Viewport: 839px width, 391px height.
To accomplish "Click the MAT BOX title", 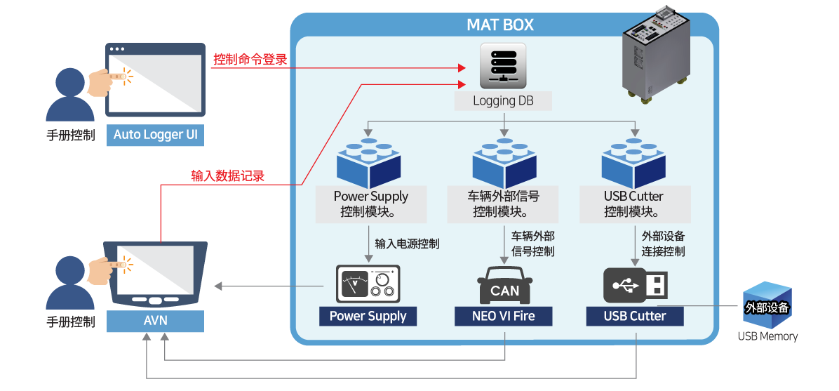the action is point(499,25).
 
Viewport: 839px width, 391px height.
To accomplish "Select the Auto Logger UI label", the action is point(156,135).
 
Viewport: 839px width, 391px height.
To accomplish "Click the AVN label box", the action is point(155,322).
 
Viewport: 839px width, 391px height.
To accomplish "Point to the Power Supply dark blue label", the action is point(368,316).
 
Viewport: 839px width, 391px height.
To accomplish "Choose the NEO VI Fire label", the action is point(504,316).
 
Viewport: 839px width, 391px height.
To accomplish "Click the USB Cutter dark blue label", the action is point(635,316).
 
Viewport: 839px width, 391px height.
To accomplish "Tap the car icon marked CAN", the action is point(504,284).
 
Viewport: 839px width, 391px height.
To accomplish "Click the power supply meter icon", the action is point(368,284).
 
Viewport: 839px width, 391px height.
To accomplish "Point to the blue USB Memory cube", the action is point(767,305).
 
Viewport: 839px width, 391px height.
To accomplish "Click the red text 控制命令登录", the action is point(250,60).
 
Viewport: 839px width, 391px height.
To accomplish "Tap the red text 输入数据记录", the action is point(227,175).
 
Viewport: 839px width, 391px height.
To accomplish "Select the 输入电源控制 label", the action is point(407,244).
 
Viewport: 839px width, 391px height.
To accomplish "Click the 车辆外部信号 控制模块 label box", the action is point(502,204).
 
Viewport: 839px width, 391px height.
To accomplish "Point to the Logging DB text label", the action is point(503,100).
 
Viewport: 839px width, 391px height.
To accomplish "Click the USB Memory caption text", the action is point(767,336).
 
